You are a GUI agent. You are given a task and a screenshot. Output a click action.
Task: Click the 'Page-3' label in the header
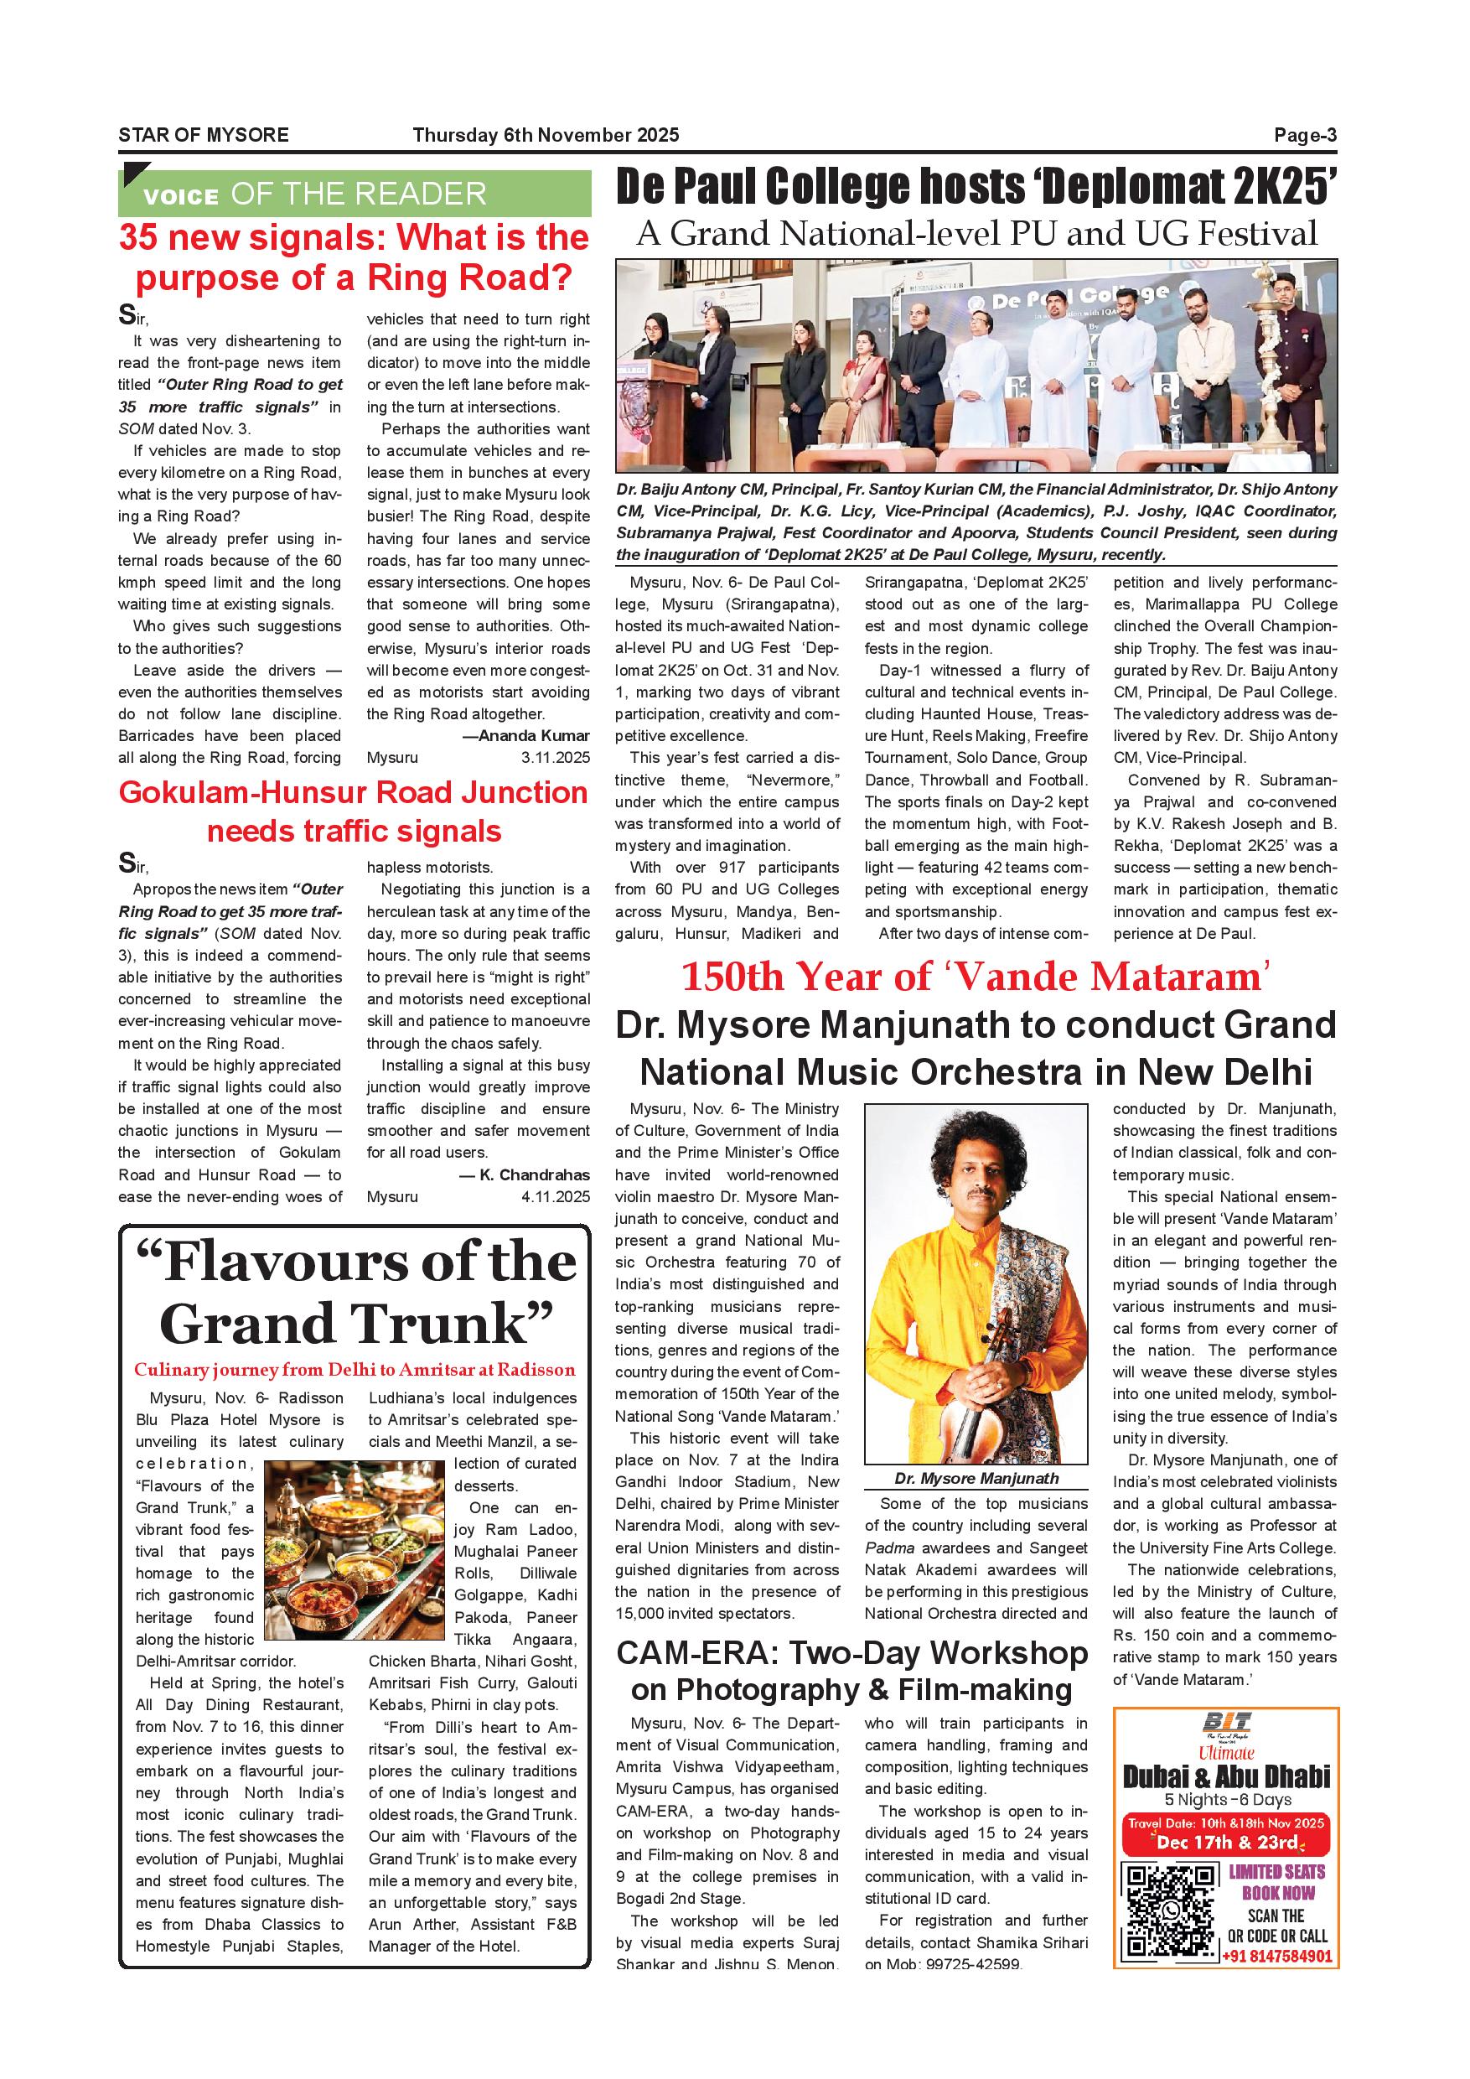tap(1304, 136)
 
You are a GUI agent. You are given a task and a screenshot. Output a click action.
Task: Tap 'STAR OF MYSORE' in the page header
tap(203, 136)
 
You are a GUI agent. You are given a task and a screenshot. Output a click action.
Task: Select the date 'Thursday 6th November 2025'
tap(545, 136)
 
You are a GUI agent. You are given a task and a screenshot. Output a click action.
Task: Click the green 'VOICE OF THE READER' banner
tap(354, 194)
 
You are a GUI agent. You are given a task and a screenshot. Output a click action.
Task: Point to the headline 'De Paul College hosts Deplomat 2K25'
tap(976, 188)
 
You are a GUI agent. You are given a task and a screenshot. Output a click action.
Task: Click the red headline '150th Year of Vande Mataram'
tap(976, 977)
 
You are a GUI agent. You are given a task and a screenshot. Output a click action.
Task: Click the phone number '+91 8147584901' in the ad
tap(1276, 1957)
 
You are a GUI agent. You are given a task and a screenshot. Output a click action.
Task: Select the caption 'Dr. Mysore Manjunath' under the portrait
tap(976, 1479)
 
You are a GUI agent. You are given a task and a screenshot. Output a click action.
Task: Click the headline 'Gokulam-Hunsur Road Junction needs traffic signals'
tap(354, 811)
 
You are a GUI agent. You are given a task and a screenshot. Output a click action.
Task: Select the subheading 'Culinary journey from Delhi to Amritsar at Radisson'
tap(354, 1369)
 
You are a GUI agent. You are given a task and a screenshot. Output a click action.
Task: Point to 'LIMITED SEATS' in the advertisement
tap(1276, 1872)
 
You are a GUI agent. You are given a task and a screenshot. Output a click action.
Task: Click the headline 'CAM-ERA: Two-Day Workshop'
tap(851, 1652)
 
